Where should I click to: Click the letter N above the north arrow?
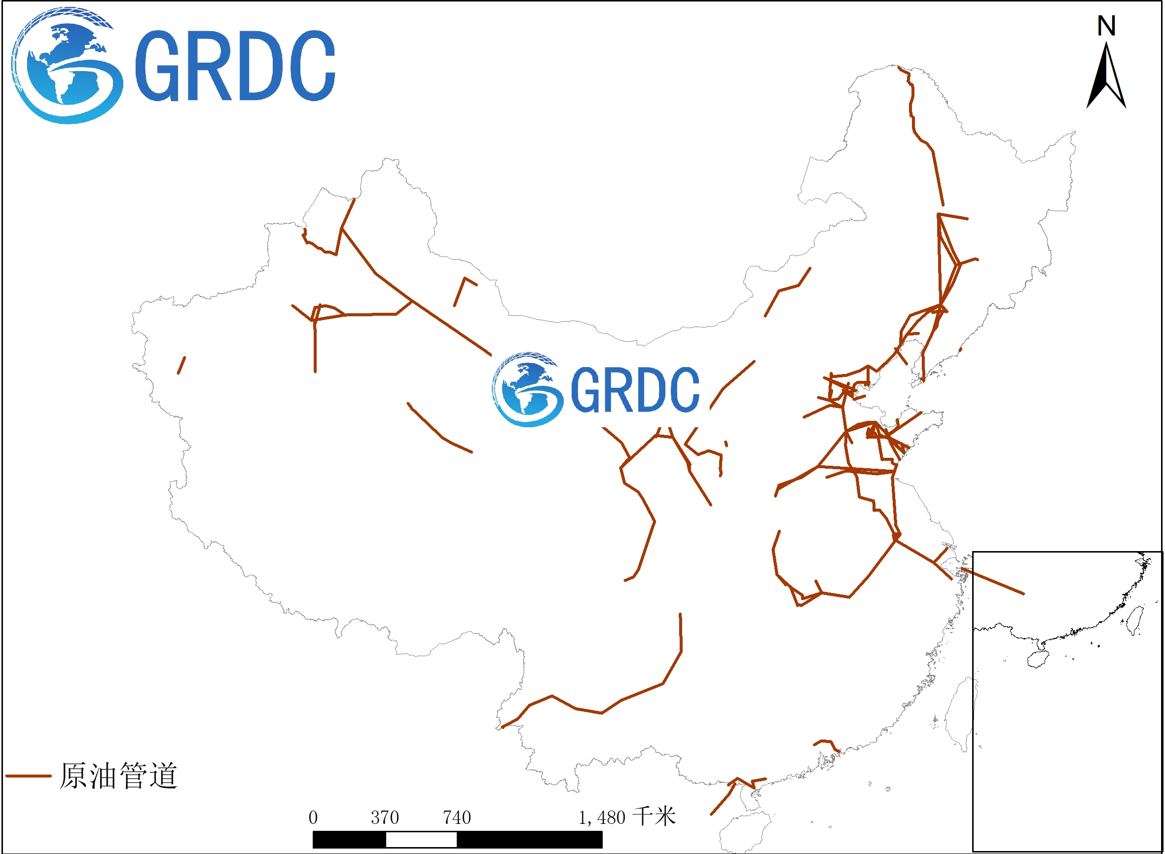coord(1106,26)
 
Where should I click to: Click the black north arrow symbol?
coord(1106,77)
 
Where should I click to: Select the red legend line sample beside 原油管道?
coord(29,776)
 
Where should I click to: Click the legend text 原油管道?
coord(118,776)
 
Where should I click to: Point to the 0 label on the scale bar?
coord(313,818)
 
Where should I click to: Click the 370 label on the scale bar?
coord(385,818)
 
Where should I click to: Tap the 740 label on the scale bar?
coord(457,818)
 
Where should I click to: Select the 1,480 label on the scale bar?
coord(602,818)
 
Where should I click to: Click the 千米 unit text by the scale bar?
coord(655,817)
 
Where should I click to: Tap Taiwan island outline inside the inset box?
coord(1134,620)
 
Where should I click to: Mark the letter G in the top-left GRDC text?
coord(157,66)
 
